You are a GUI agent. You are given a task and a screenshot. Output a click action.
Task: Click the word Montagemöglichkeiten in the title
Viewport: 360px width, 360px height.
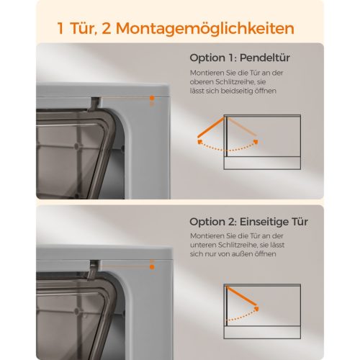tap(205, 29)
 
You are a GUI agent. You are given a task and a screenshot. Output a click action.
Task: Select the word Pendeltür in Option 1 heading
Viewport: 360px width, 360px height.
tap(265, 58)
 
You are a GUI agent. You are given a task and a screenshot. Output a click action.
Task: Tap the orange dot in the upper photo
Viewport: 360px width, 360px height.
tap(152, 98)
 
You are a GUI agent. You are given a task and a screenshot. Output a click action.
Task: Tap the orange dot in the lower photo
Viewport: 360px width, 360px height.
tap(152, 267)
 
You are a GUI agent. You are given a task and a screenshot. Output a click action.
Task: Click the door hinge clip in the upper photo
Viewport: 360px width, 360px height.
tap(94, 104)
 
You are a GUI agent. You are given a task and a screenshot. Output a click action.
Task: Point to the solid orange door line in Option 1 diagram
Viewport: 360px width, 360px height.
tap(211, 127)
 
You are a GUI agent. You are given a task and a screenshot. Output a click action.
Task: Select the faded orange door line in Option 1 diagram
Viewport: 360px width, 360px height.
tap(242, 126)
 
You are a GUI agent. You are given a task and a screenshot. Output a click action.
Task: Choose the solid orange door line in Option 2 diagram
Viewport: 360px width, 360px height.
tap(241, 296)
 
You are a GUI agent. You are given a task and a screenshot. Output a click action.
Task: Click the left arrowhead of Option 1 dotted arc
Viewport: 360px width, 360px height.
tap(199, 142)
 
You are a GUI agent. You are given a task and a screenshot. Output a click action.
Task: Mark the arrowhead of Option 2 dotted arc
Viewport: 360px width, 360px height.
tap(257, 308)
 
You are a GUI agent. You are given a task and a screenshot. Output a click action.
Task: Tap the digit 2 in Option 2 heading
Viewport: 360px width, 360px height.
tap(232, 222)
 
